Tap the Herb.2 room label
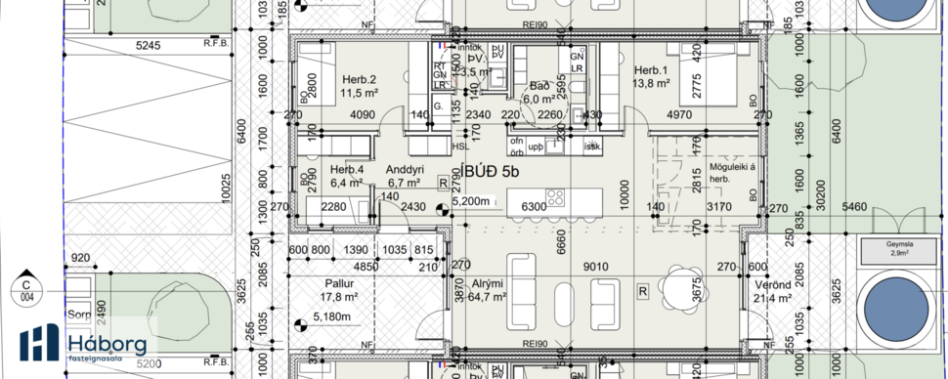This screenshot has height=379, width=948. pos(360,79)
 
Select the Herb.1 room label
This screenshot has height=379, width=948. pos(650,70)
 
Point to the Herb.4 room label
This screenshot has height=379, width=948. pos(346,169)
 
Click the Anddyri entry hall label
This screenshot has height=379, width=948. pos(404,168)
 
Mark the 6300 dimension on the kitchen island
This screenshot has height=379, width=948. pos(535,207)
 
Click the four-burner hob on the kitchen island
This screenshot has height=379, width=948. pos(555,198)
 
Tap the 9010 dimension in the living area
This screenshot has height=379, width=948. pos(596,266)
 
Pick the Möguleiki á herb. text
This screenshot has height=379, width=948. pos(692,173)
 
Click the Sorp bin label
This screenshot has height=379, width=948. pos(78,316)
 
